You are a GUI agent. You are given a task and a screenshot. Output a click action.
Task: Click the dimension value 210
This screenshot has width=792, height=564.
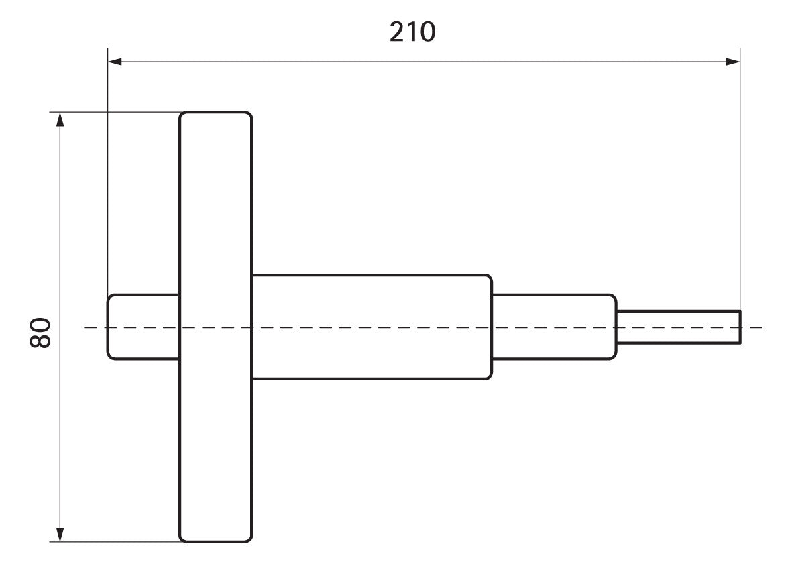[412, 32]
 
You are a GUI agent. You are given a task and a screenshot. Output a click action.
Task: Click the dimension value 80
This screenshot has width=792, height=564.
[40, 333]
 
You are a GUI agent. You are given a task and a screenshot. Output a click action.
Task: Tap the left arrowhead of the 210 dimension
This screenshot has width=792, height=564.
[115, 62]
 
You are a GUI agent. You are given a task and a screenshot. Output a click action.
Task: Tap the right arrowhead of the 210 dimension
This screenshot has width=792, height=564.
[733, 62]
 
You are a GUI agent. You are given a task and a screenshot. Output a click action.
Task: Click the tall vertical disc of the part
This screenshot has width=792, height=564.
[216, 327]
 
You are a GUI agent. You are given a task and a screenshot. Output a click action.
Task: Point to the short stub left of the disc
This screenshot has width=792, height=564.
[144, 327]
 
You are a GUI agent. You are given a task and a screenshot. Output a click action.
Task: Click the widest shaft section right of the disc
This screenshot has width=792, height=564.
[372, 327]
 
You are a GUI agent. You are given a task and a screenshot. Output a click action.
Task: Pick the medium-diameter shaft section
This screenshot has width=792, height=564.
[554, 327]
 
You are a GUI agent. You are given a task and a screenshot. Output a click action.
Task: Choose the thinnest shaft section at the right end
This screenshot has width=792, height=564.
[679, 327]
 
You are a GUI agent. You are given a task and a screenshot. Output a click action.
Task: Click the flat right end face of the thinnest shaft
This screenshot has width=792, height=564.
[740, 327]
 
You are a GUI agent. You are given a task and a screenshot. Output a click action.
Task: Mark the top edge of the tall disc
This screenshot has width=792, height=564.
[216, 112]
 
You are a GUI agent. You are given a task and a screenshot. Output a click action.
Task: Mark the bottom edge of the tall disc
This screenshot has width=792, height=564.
[216, 542]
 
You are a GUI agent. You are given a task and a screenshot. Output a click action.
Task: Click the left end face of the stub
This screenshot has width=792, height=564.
[107, 327]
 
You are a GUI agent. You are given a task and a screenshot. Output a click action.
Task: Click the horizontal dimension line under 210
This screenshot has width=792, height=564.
[424, 62]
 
